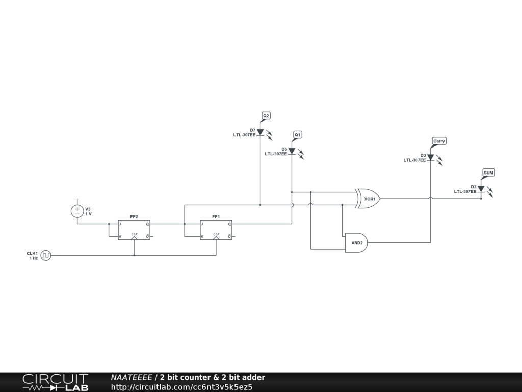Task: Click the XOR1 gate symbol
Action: tap(369, 199)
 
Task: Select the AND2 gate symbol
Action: tap(356, 243)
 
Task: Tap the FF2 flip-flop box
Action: tap(134, 230)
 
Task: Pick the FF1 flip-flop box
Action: tap(216, 230)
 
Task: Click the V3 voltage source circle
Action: tap(77, 211)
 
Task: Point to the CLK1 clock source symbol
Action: tap(46, 255)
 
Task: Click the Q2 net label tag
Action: tap(266, 116)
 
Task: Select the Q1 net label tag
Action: tap(298, 134)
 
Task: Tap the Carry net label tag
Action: tap(439, 141)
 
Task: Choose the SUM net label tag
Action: tap(488, 173)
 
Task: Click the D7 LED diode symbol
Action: tap(260, 132)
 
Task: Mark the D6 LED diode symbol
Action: tap(292, 151)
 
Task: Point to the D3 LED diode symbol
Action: tap(430, 157)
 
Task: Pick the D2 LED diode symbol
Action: tap(481, 189)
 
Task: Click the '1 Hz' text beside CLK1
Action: tap(33, 258)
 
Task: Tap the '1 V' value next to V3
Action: tap(89, 214)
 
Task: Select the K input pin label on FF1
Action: tap(202, 237)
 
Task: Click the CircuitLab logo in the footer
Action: tap(55, 382)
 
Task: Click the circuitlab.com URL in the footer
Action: tap(181, 387)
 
